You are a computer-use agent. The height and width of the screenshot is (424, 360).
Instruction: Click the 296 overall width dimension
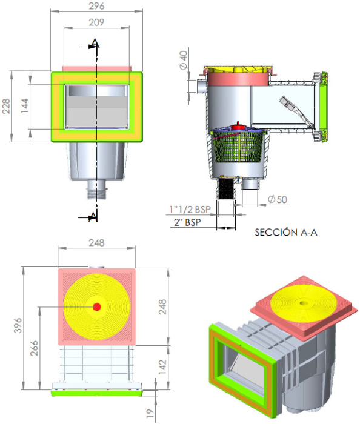[x=96, y=7]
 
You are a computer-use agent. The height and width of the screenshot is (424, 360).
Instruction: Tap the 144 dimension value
[x=25, y=107]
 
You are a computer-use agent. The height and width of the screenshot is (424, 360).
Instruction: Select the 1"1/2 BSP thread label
[x=190, y=210]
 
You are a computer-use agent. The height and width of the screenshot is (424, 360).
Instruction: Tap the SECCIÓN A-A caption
[x=287, y=231]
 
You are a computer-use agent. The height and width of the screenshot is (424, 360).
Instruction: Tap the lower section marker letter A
[x=94, y=216]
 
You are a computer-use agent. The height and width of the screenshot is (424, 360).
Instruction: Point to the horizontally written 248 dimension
[x=96, y=242]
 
